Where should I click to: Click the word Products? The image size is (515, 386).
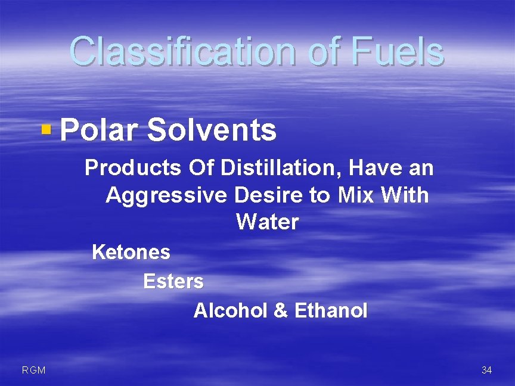(x=132, y=169)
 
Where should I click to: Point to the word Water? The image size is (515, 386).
(x=267, y=222)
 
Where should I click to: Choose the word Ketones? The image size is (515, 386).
(x=131, y=253)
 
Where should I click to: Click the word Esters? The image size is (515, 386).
(x=173, y=281)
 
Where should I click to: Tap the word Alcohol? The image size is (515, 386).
(x=231, y=310)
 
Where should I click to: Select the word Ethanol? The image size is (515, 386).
(x=331, y=310)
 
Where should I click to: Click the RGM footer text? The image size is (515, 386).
(x=33, y=371)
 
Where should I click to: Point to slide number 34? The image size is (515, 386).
(x=486, y=371)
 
